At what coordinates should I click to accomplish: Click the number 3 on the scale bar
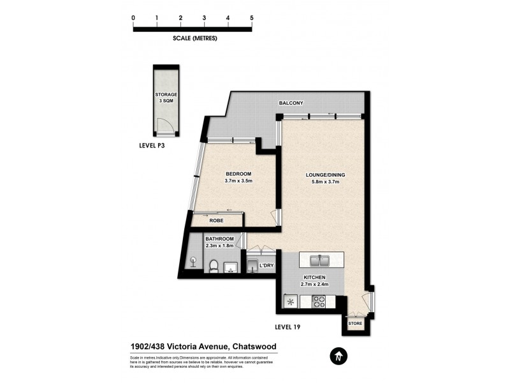[x=204, y=18]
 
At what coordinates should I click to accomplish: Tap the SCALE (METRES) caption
[x=195, y=38]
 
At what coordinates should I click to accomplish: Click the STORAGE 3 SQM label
[x=166, y=98]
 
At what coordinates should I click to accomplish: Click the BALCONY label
[x=291, y=103]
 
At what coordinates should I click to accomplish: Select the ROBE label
[x=217, y=220]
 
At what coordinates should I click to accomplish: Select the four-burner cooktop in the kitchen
[x=317, y=301]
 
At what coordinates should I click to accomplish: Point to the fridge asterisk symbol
[x=291, y=301]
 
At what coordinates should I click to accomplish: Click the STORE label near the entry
[x=355, y=324]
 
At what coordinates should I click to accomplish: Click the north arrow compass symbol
[x=337, y=355]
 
